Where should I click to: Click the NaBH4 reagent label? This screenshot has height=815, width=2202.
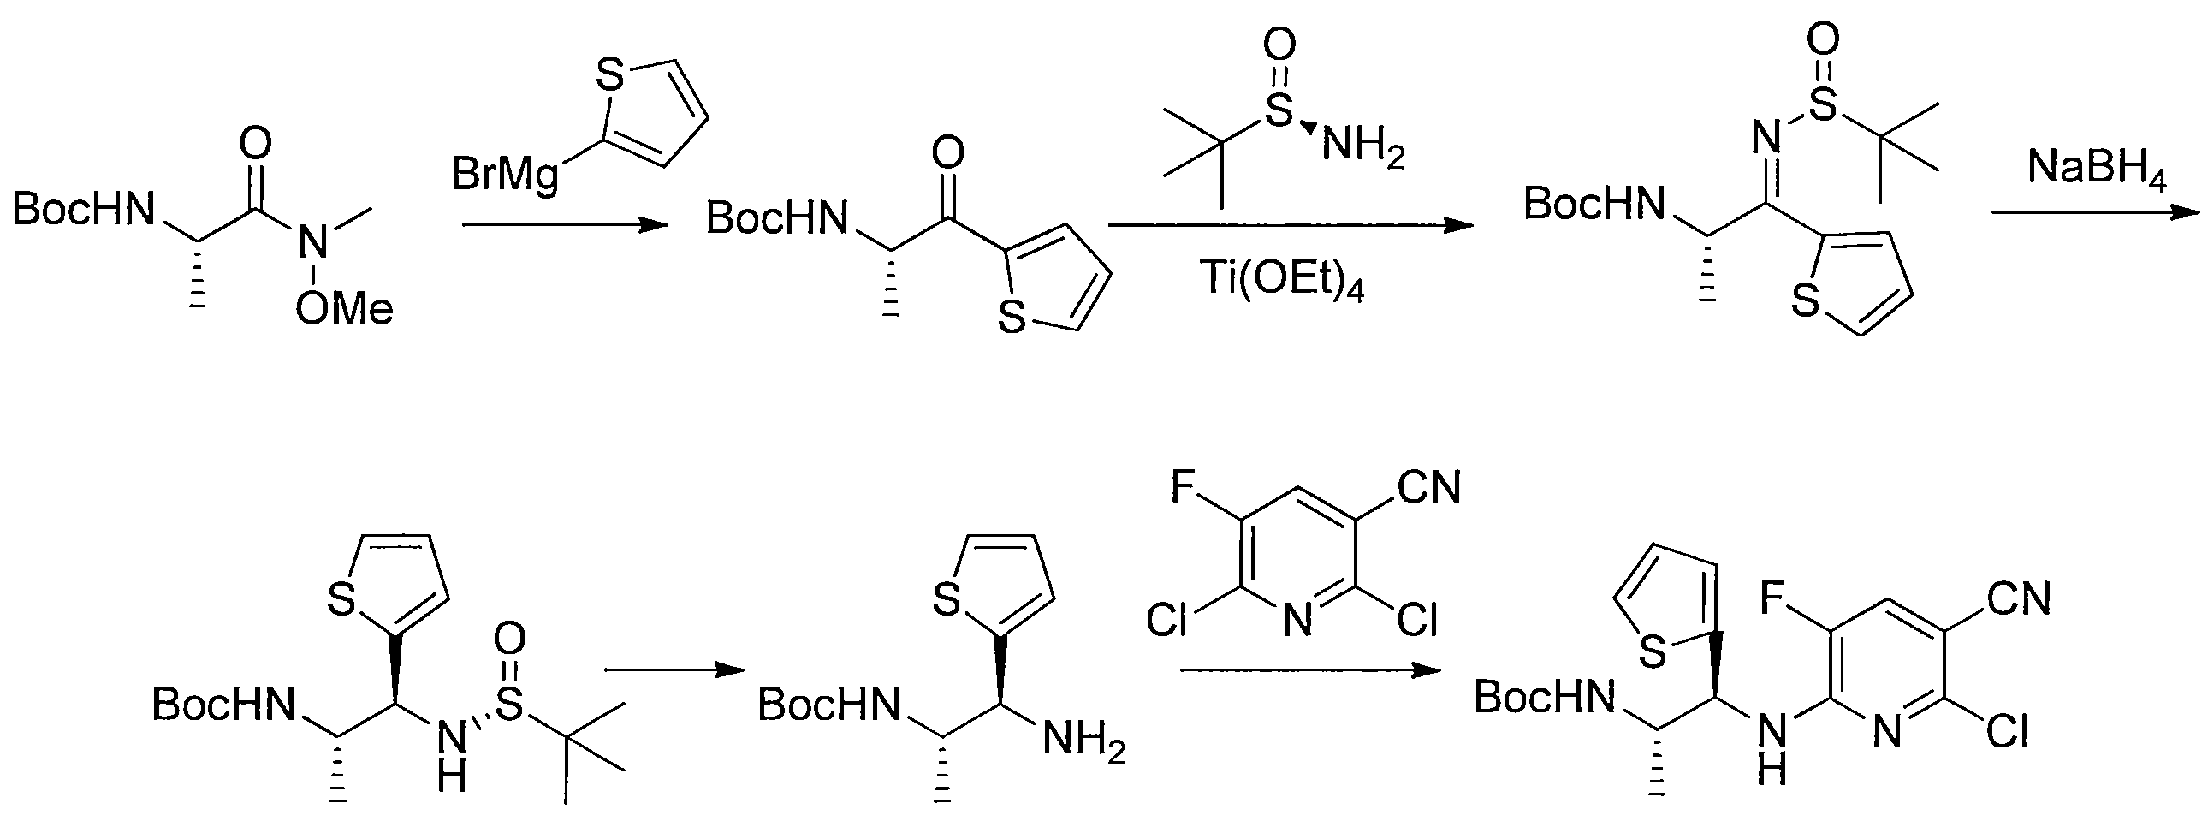pyautogui.click(x=2097, y=172)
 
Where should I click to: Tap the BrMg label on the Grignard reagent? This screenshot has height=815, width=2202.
pyautogui.click(x=505, y=178)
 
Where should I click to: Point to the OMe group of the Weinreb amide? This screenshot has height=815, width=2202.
pyautogui.click(x=344, y=308)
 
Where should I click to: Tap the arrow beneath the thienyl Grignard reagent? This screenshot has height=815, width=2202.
pyautogui.click(x=564, y=226)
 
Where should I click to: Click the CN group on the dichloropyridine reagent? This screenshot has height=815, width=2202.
pyautogui.click(x=1428, y=490)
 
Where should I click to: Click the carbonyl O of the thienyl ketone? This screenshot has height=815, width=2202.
pyautogui.click(x=946, y=156)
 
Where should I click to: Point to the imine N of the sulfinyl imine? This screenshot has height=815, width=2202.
pyautogui.click(x=1765, y=135)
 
